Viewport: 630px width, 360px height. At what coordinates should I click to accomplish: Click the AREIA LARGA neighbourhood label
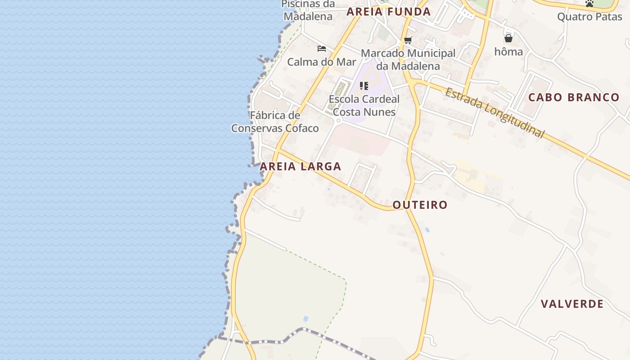point(300,166)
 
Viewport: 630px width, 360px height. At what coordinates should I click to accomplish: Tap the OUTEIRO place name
point(420,205)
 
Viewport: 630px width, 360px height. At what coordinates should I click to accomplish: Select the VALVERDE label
point(572,304)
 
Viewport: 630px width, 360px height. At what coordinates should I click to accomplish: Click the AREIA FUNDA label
point(388,12)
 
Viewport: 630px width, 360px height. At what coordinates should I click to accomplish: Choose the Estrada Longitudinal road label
point(495,113)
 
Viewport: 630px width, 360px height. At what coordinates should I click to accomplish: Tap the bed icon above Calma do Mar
point(321,49)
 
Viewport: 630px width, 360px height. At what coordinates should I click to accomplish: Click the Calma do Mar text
point(321,62)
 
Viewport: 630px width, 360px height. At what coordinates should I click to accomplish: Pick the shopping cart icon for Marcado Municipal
point(408,40)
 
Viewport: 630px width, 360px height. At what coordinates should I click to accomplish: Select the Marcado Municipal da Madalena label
point(408,59)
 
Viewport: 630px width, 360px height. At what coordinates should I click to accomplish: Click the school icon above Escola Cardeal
point(364,85)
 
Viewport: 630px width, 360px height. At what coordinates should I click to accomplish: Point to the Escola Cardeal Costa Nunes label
point(364,106)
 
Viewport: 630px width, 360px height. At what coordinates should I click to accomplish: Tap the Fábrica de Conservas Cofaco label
point(275,122)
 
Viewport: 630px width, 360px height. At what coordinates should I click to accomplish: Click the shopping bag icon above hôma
point(508,39)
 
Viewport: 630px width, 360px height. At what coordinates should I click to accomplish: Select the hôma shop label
point(508,52)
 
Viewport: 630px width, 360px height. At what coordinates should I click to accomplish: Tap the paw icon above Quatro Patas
point(589,4)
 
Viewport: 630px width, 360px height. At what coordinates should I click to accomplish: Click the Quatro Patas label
point(589,17)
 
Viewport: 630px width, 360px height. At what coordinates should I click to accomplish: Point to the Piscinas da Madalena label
point(308,10)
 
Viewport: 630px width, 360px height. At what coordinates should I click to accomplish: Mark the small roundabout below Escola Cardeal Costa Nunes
point(338,121)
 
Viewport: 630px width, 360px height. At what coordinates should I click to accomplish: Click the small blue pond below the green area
point(306,319)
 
